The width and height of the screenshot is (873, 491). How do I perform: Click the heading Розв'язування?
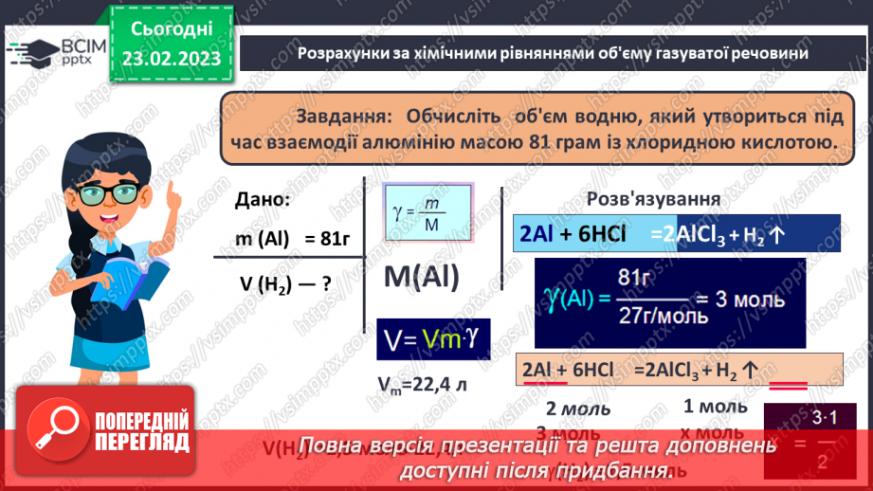tap(653, 200)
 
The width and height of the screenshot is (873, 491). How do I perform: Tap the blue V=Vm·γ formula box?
tap(432, 338)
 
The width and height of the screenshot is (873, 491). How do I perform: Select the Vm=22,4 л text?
tap(422, 386)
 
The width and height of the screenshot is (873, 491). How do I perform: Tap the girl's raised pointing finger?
tap(174, 194)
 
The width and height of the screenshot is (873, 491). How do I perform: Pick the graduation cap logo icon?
tap(31, 51)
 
